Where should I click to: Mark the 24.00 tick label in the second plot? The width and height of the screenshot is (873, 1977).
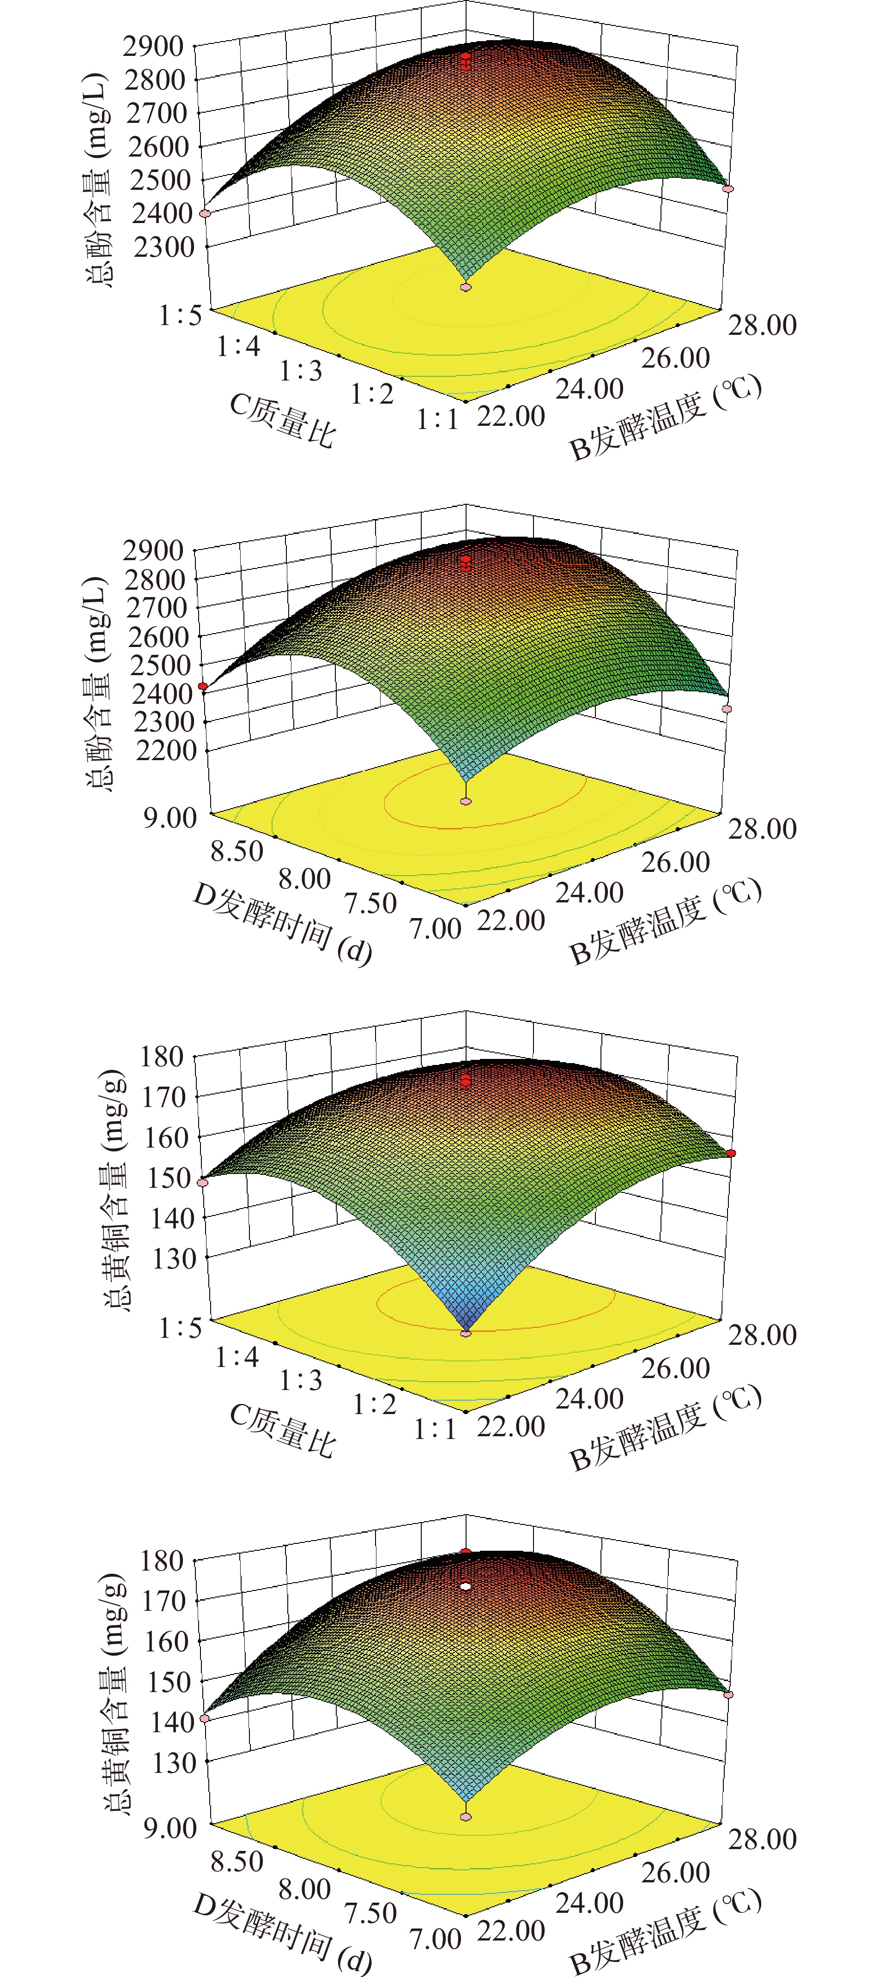[x=589, y=893]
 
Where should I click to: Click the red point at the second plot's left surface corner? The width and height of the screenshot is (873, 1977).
[x=203, y=686]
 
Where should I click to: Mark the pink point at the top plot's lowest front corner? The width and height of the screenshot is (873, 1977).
[x=465, y=287]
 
